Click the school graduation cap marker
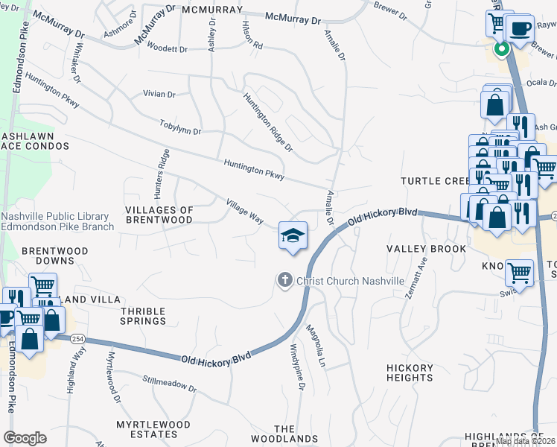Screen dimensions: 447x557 [x=293, y=235]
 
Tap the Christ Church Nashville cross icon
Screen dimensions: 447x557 [x=284, y=280]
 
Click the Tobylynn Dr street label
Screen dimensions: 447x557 [x=180, y=126]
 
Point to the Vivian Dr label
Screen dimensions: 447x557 [x=159, y=95]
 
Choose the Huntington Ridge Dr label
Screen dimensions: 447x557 [x=267, y=122]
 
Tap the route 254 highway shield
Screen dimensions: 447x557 [x=77, y=339]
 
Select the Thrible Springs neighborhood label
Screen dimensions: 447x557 [x=143, y=315]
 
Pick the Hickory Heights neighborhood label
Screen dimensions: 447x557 [x=410, y=373]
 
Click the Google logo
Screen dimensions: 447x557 [x=25, y=438]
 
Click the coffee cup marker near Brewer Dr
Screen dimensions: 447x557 [x=519, y=28]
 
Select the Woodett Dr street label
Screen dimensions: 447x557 [x=167, y=49]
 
